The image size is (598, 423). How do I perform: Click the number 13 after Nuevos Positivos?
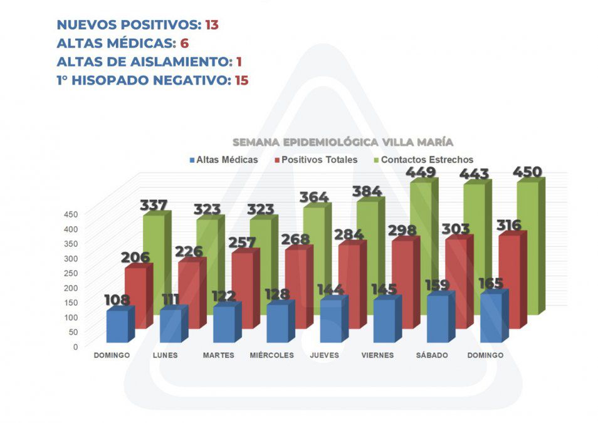coord(211,25)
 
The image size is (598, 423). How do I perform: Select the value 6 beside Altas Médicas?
coord(184,43)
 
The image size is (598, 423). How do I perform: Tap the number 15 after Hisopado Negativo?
coord(241,80)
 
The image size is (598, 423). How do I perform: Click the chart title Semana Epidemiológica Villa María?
coord(343,142)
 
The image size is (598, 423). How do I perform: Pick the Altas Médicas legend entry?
coord(223,160)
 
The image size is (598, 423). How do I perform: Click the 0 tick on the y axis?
coord(75,347)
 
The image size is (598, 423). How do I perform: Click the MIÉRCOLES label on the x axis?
coord(271,355)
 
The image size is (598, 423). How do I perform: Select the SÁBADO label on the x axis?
coord(432,355)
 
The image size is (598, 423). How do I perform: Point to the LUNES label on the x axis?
coord(165,355)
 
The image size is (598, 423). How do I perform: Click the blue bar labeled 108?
coord(117,326)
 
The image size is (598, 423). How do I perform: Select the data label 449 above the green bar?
coord(421,172)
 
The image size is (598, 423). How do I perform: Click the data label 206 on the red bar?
coord(138,256)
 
